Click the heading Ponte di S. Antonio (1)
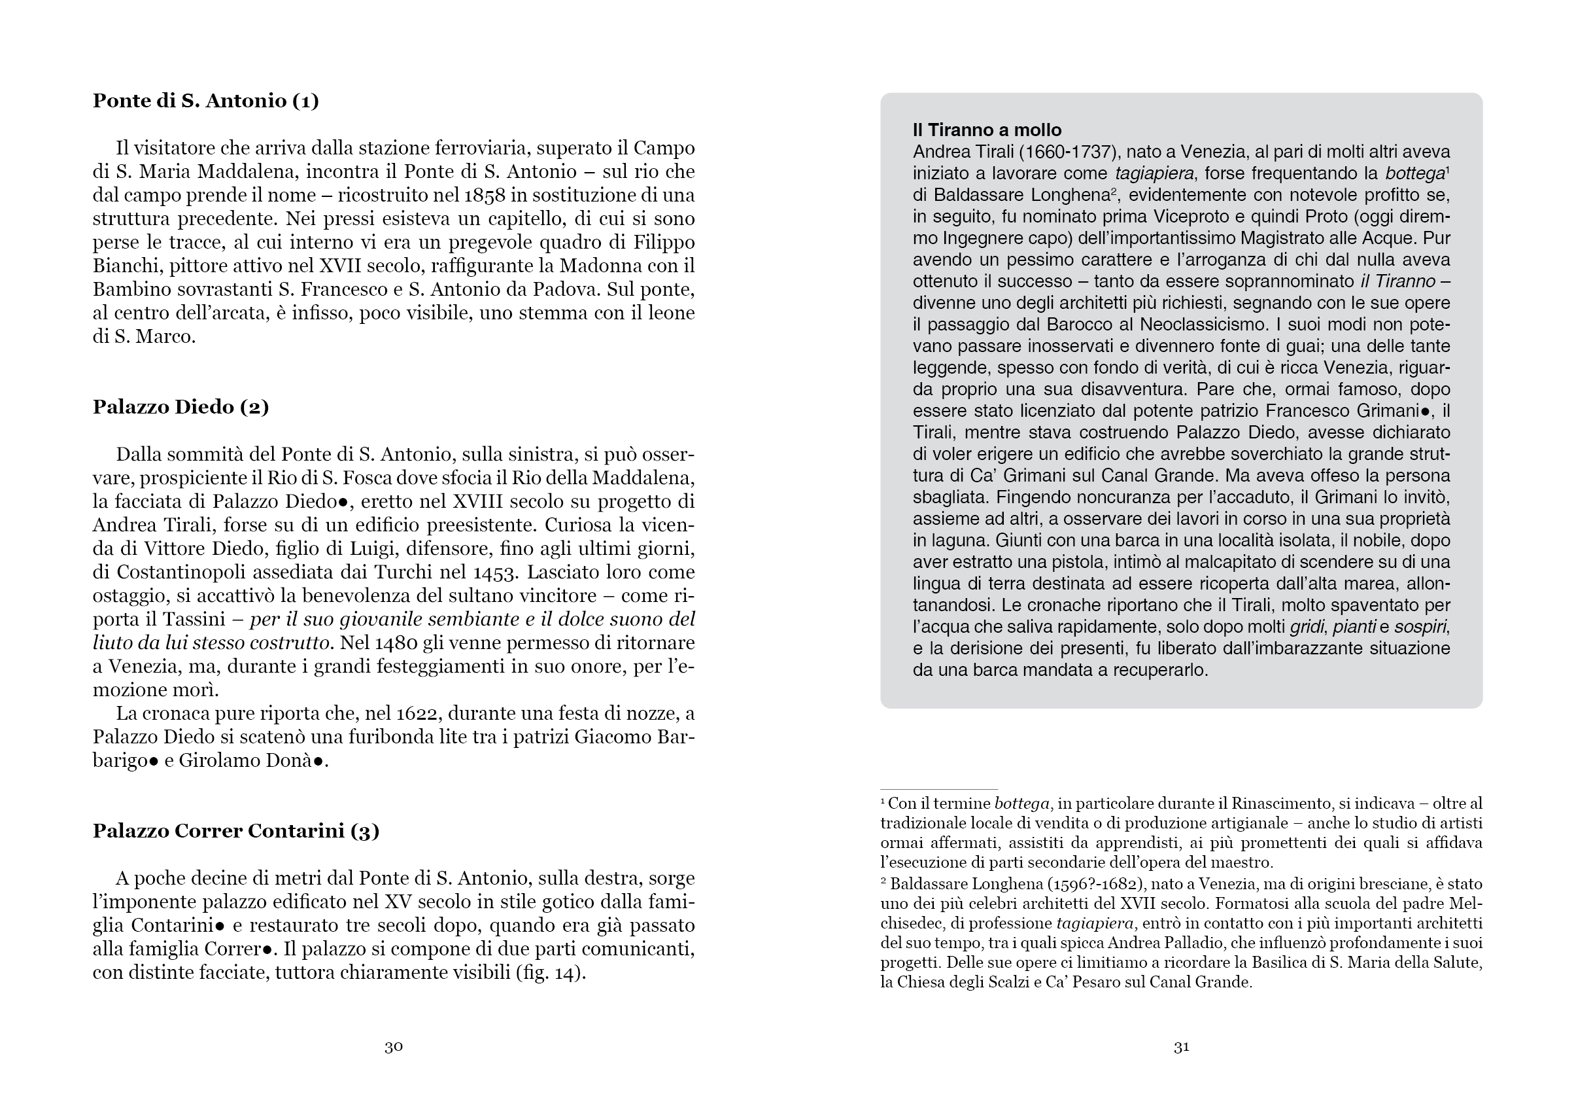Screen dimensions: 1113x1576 205,101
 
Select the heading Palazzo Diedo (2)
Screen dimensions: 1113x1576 180,407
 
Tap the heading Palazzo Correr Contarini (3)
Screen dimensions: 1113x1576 235,831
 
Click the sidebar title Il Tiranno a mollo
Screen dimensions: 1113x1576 986,130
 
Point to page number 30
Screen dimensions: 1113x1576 393,1047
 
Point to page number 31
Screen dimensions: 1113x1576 1181,1047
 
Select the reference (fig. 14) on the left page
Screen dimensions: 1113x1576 551,973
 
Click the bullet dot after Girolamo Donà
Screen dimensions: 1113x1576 318,762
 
